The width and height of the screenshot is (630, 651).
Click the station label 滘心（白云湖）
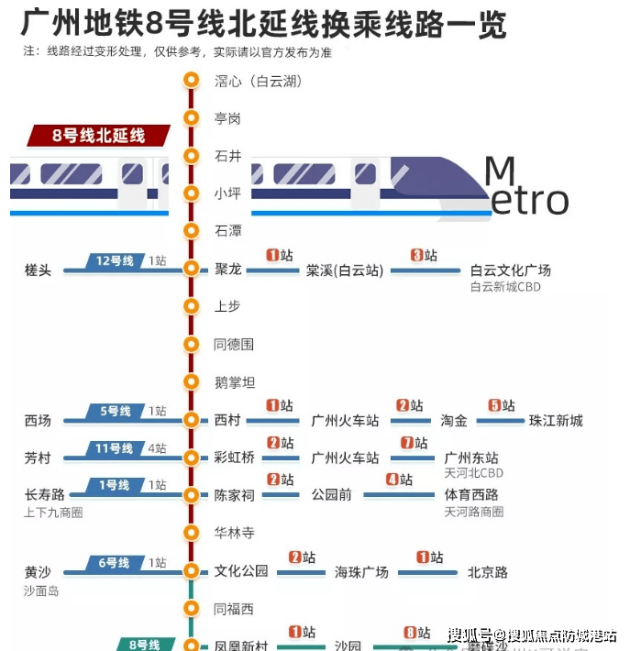258,81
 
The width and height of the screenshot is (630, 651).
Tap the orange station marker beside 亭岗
191,118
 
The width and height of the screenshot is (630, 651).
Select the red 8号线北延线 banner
99,136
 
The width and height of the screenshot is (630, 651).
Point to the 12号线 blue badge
116,261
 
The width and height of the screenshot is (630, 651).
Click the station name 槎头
39,270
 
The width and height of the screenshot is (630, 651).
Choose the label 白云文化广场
510,270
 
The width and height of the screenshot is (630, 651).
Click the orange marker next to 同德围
191,345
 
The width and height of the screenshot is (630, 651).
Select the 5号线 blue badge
116,412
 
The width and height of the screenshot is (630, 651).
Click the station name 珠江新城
556,421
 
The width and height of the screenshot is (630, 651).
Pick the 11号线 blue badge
116,448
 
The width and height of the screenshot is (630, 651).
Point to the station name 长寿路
45,495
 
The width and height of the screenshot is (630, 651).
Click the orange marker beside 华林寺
191,532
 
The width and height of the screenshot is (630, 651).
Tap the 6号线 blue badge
116,563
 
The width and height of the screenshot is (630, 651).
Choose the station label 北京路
487,572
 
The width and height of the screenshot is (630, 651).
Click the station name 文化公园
241,571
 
